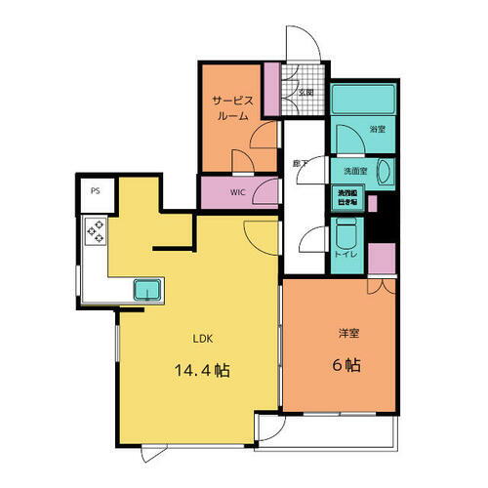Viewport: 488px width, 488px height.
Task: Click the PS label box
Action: click(95, 192)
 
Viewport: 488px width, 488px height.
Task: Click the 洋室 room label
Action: click(349, 334)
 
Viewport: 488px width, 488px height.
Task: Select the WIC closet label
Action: click(238, 192)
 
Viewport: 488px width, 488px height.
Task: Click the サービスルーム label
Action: click(231, 106)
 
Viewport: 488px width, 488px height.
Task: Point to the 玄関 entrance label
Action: click(305, 94)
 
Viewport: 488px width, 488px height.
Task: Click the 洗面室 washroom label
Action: click(354, 171)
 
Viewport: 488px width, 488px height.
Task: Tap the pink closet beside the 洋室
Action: click(382, 259)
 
